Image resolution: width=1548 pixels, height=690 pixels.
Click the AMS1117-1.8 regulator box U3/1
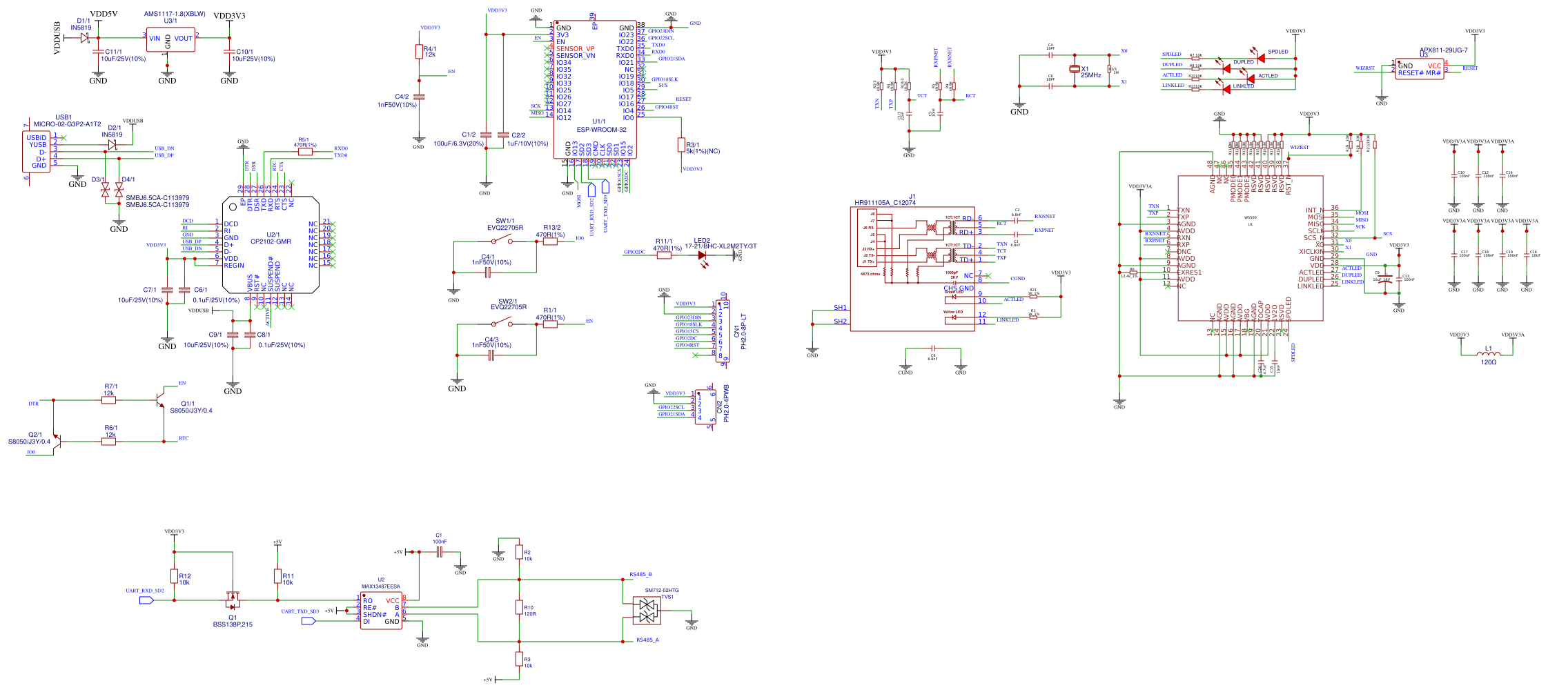click(170, 39)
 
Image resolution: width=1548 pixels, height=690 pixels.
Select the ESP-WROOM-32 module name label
click(601, 130)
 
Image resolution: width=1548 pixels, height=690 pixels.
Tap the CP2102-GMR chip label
click(271, 242)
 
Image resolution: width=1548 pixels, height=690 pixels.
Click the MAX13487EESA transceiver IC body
click(381, 611)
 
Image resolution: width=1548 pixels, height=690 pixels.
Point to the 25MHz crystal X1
click(1074, 69)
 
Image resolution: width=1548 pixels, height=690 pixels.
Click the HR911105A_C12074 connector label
click(885, 203)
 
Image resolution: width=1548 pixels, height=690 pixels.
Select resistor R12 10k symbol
click(175, 577)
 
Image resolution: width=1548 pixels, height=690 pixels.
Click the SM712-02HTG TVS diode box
click(647, 611)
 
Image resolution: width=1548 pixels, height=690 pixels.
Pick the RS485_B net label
click(640, 575)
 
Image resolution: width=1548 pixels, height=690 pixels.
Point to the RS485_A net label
click(647, 640)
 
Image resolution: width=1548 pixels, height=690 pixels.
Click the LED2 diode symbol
click(703, 255)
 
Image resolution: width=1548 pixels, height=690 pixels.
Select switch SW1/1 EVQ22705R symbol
click(502, 241)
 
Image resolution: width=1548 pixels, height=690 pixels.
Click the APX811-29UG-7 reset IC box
click(1420, 69)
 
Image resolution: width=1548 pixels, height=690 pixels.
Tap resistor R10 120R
click(519, 607)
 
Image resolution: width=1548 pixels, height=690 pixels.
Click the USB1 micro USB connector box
click(38, 152)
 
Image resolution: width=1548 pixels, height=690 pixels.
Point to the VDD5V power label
click(104, 14)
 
